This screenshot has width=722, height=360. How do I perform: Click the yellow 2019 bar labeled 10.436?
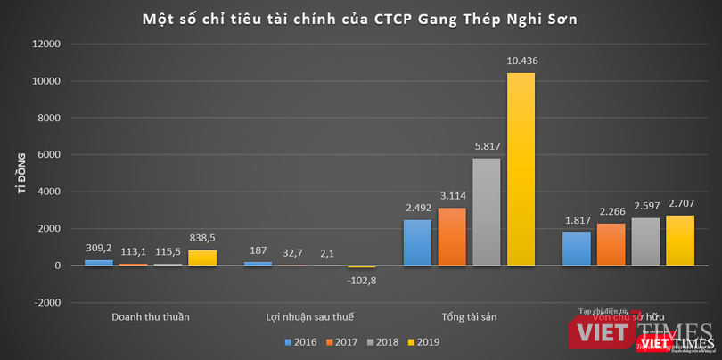coord(521,169)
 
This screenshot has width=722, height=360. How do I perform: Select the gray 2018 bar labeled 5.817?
coord(487,212)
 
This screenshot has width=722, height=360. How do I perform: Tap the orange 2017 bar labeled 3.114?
coord(452,237)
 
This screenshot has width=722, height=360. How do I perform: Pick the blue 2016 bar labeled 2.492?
coord(417,242)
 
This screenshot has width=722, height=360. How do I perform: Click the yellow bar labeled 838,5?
coord(201,258)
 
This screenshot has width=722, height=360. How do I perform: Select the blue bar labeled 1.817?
coord(576,249)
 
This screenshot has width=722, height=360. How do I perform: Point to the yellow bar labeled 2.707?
coord(679,241)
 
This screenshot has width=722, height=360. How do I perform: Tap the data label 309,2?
coord(98,246)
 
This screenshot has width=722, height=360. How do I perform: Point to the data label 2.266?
coord(611,214)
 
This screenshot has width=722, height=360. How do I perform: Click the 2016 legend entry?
coord(301,341)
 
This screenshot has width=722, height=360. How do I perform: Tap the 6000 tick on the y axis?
coord(48,155)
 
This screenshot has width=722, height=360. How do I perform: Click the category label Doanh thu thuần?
coord(150,316)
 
